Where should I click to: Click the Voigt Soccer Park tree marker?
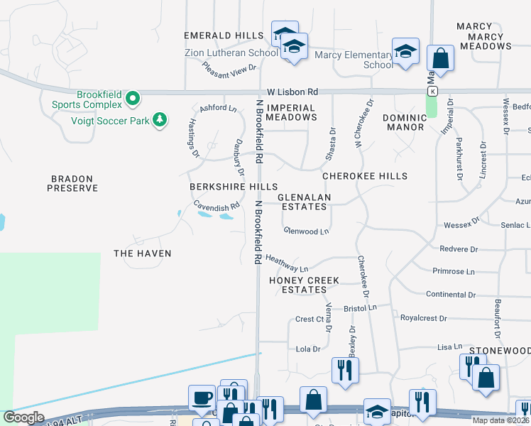point(161,120)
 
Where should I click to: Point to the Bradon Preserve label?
point(72,183)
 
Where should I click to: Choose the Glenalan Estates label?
point(303,202)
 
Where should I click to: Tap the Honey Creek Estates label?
point(304,285)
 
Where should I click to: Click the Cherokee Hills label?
point(365,176)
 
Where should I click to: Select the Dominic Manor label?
point(403,122)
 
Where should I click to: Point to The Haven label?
point(143,253)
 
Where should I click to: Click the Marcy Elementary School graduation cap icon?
point(405,52)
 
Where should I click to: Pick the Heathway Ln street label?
point(288,263)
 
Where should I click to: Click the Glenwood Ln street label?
point(307,231)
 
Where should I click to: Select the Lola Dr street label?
point(308,349)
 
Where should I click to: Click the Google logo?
point(24,417)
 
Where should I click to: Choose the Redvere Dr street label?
point(459,250)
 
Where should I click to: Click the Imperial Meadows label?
point(292,112)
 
